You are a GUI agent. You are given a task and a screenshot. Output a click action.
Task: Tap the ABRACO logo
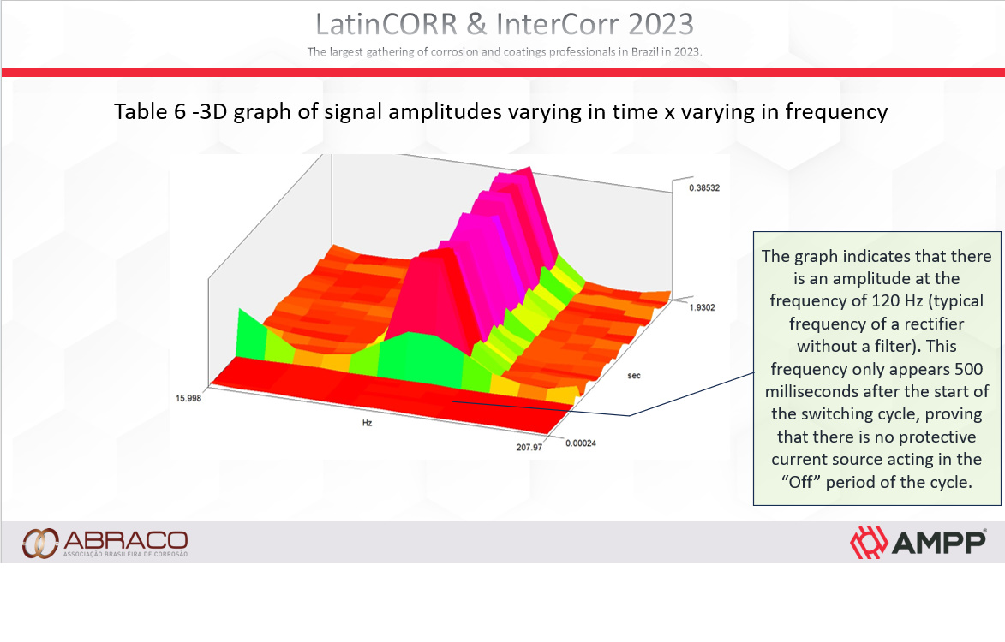[x=105, y=542]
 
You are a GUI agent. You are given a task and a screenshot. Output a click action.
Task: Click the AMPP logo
[x=918, y=542]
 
